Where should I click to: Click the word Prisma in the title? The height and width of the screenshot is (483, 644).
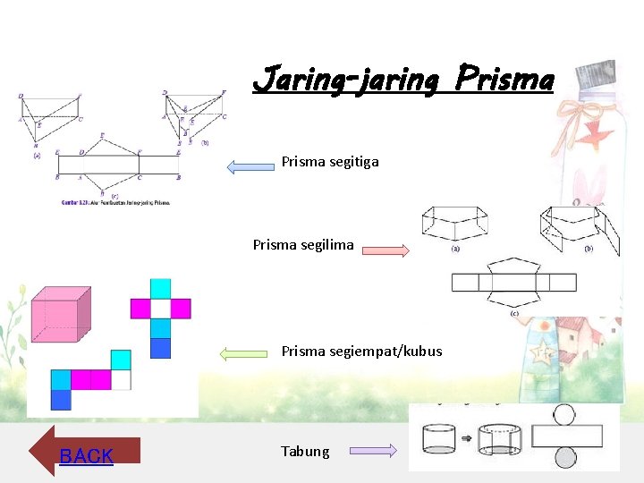click(504, 80)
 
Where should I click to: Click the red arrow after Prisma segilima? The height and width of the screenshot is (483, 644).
click(387, 250)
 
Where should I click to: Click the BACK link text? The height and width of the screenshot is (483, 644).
click(86, 456)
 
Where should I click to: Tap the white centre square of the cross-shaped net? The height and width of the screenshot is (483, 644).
click(160, 309)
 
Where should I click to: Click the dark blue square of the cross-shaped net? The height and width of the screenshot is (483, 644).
click(160, 348)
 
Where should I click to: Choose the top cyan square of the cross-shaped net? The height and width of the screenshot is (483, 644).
click(160, 288)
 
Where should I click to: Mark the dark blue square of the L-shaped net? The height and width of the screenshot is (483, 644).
click(61, 400)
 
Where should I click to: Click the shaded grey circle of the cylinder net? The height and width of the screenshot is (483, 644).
click(564, 458)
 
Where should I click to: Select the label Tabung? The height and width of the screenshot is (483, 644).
click(305, 452)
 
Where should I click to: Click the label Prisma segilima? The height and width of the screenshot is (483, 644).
click(303, 244)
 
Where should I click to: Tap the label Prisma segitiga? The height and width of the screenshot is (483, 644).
click(330, 162)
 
